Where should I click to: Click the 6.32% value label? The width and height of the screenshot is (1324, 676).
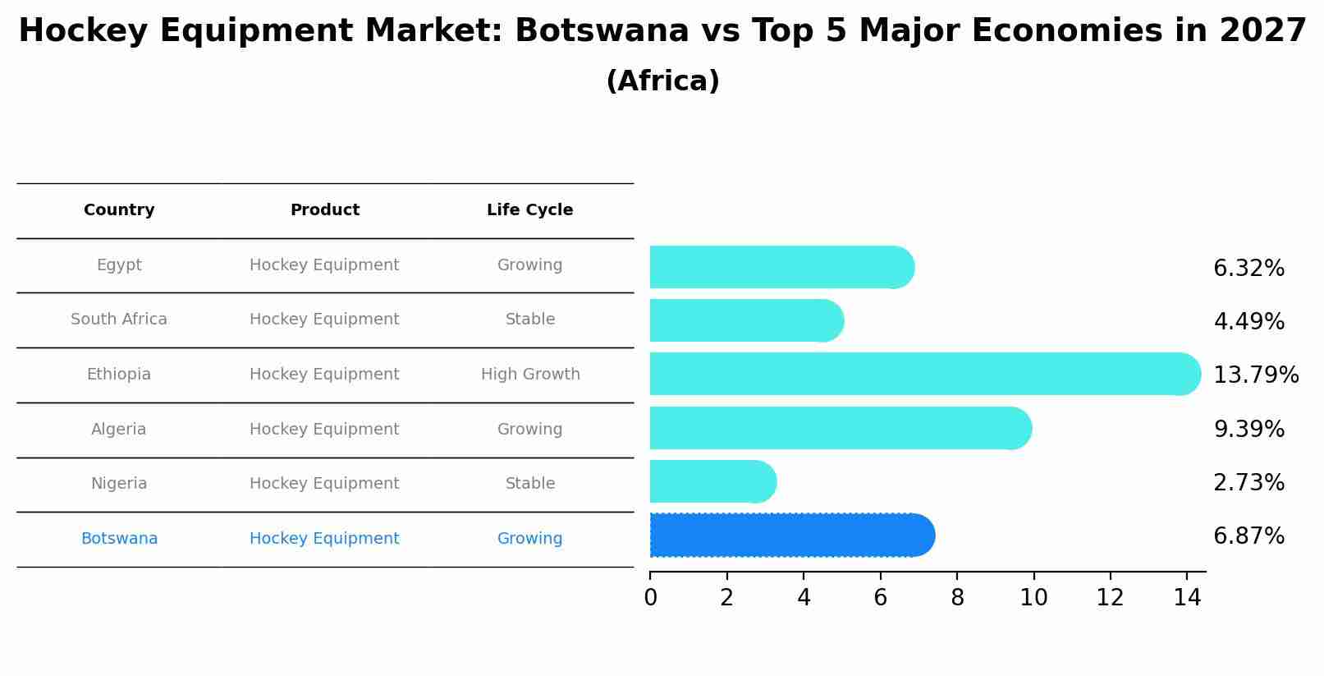[x=1248, y=269]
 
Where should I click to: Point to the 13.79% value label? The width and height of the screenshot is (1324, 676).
[x=1255, y=375]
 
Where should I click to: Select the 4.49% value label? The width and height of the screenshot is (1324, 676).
[x=1248, y=321]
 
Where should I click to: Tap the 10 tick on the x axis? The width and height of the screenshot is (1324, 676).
[x=1033, y=598]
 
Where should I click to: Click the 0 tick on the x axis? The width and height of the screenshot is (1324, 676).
[x=650, y=598]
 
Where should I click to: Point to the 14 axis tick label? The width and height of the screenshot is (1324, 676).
[x=1187, y=598]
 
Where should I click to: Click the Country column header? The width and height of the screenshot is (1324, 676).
[x=119, y=210]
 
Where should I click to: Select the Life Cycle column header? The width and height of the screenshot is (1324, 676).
[x=529, y=210]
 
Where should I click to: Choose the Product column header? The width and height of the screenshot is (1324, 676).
[x=325, y=210]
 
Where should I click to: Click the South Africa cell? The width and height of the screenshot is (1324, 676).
[x=119, y=320]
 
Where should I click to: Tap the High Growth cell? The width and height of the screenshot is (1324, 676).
[x=530, y=375]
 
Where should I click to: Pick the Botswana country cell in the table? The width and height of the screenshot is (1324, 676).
[x=119, y=539]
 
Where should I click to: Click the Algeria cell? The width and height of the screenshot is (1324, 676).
[x=119, y=430]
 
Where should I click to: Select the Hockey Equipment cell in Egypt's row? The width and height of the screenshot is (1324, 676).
[x=324, y=265]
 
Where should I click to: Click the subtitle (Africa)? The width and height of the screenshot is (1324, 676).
[x=662, y=81]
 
